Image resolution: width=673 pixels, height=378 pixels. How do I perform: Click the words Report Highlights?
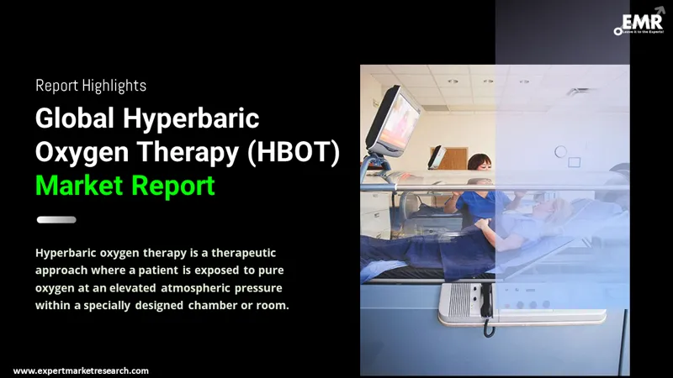(x=91, y=85)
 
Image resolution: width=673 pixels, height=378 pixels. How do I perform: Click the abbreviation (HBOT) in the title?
(x=286, y=152)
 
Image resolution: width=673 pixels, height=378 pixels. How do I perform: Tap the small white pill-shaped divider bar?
(x=56, y=220)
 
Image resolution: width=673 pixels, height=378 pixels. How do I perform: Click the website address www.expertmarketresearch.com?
(x=81, y=370)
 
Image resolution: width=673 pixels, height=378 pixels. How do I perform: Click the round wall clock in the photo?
(x=561, y=152)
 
